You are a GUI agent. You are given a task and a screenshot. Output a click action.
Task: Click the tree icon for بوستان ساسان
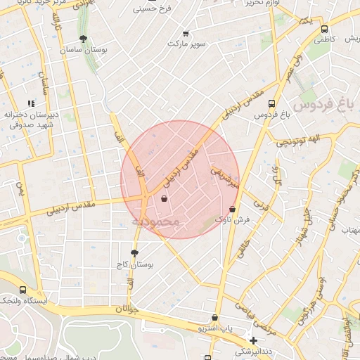(84, 39)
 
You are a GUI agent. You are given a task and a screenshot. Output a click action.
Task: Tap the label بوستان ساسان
(84, 50)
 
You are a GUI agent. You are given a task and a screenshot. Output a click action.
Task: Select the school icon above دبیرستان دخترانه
(30, 103)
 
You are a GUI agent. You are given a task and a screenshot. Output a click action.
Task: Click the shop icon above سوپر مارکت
(186, 33)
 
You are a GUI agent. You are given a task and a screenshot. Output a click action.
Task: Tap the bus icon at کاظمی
(324, 30)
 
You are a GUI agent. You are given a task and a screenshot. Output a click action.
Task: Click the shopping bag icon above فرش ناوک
(233, 209)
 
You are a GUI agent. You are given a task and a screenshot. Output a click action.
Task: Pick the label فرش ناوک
(232, 220)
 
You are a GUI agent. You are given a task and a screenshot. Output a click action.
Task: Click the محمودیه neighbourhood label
(156, 222)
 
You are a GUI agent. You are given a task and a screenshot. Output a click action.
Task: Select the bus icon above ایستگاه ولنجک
(22, 289)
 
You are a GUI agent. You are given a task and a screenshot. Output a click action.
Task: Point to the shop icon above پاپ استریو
(214, 318)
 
